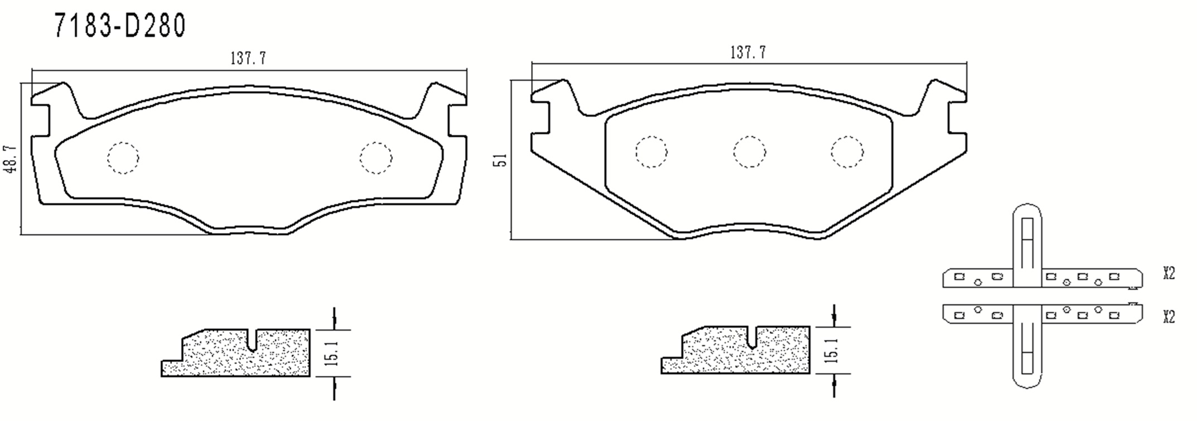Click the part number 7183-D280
[x=120, y=26]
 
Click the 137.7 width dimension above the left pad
[x=248, y=58]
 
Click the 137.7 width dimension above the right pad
[x=748, y=52]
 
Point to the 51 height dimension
[x=502, y=159]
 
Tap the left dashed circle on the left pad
[x=123, y=158]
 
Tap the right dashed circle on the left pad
[x=376, y=158]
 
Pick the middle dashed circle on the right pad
[x=749, y=152]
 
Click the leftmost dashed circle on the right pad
[x=651, y=152]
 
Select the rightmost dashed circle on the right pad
[x=847, y=152]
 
